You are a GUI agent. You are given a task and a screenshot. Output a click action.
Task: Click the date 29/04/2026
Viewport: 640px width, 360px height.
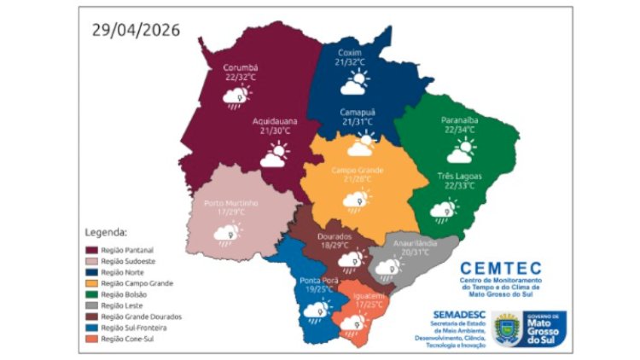coord(136,30)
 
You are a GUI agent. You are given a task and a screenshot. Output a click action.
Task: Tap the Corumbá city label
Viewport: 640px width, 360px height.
coord(240,67)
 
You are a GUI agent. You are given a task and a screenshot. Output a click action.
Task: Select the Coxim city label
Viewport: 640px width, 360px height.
coord(349,51)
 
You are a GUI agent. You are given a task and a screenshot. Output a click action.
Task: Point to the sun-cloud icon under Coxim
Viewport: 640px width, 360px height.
coord(354,83)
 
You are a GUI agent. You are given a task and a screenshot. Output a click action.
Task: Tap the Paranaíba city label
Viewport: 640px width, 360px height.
coord(460,120)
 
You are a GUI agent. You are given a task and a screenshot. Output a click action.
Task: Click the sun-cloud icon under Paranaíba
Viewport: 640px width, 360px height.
coord(461,151)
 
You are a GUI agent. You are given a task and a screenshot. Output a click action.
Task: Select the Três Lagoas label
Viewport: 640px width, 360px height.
coord(460,176)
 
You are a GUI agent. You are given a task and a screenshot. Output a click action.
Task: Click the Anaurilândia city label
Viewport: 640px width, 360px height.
coord(414,242)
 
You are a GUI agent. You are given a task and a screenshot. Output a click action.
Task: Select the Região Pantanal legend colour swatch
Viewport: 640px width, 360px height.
coord(90,249)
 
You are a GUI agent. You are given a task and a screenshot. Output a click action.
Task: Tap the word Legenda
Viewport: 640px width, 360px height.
coord(107,231)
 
